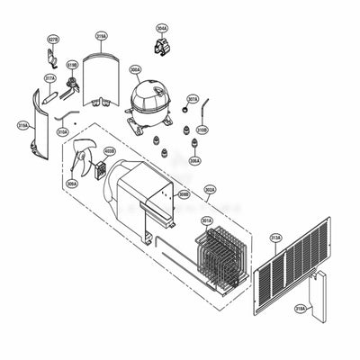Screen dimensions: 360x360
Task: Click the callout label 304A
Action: (x=161, y=29)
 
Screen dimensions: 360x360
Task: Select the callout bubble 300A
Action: (x=135, y=69)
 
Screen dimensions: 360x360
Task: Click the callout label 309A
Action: (x=72, y=184)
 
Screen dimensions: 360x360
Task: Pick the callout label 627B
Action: (x=53, y=40)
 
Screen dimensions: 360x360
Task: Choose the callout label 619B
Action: (x=71, y=65)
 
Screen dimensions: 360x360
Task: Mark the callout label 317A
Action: (x=50, y=78)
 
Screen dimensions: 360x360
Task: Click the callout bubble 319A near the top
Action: (x=101, y=37)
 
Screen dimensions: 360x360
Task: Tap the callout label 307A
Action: (x=193, y=99)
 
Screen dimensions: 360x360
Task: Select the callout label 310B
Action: (x=202, y=130)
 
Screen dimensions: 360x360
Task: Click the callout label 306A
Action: (x=194, y=161)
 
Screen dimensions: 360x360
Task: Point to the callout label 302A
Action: (x=210, y=190)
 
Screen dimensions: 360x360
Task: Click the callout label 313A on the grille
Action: (x=275, y=238)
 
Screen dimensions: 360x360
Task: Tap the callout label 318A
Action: (x=300, y=308)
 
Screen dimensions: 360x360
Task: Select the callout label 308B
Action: (x=183, y=193)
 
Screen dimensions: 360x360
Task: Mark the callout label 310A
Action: (x=62, y=131)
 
